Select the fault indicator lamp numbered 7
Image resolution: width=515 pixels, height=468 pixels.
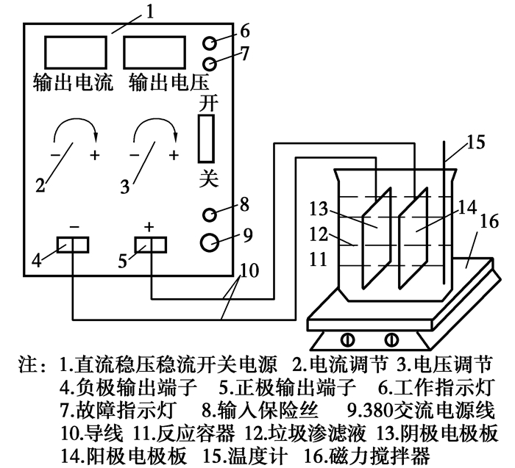(210, 62)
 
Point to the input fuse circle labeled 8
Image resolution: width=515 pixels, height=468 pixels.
(210, 215)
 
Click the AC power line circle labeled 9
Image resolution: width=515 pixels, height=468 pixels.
(210, 240)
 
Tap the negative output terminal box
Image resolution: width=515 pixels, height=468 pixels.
(72, 245)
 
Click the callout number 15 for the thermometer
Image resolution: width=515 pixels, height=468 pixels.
(476, 143)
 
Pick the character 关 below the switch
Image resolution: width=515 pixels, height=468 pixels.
(207, 179)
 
